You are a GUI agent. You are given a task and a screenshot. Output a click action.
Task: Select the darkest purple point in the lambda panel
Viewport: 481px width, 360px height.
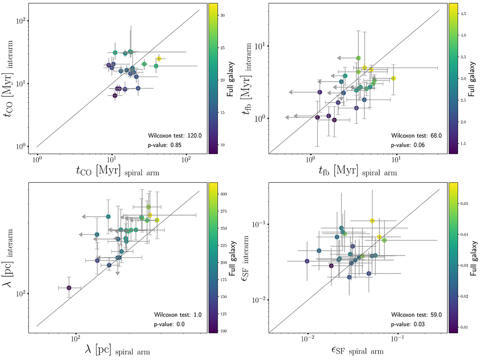coord(69,288)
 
